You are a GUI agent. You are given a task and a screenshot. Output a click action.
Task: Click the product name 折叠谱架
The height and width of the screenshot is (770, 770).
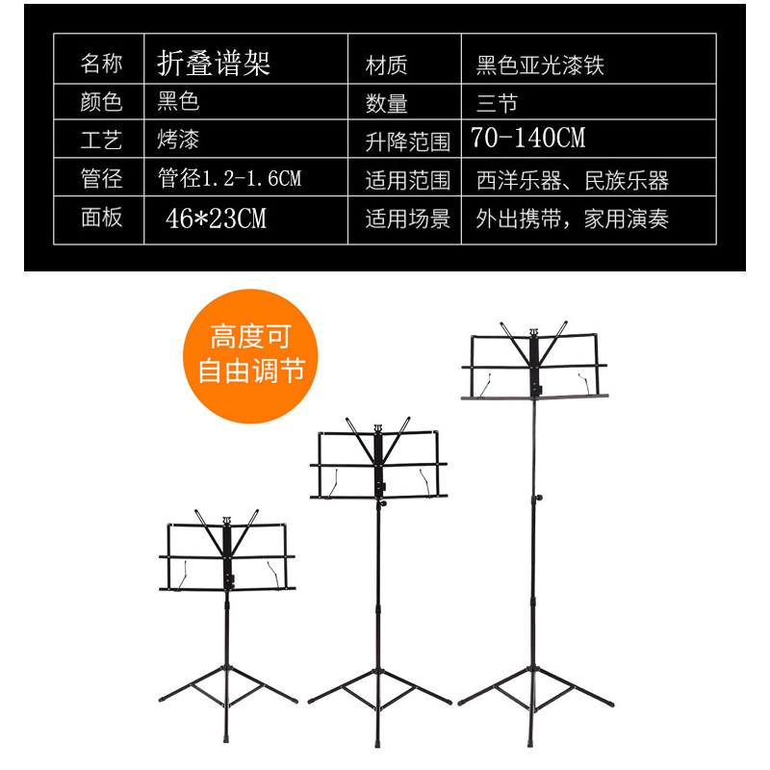tap(214, 63)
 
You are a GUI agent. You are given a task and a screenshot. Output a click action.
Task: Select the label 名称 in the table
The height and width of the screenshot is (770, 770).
tap(101, 64)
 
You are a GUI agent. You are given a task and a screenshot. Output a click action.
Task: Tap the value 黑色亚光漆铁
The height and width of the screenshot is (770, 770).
tap(540, 64)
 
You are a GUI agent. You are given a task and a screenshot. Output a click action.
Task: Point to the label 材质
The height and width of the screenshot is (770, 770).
tap(387, 64)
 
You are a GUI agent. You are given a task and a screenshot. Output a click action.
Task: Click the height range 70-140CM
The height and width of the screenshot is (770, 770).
tap(528, 139)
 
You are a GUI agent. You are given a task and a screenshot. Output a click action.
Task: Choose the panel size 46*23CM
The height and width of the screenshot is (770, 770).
tap(216, 218)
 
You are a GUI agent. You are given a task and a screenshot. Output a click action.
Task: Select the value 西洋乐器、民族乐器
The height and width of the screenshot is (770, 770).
tap(572, 180)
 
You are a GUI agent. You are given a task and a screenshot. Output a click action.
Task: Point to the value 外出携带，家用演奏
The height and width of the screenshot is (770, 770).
tap(572, 219)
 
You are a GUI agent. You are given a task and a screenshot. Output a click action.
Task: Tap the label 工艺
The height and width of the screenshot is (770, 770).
tap(101, 141)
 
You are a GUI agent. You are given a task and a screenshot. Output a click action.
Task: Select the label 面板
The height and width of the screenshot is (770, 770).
tap(101, 218)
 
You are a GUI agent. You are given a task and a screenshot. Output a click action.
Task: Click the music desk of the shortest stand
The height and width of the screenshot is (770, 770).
tap(228, 558)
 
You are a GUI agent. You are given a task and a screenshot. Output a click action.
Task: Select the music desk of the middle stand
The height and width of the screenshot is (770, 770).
tap(380, 467)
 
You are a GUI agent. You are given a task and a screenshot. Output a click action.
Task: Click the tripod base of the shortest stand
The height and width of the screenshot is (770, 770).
tap(228, 685)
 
